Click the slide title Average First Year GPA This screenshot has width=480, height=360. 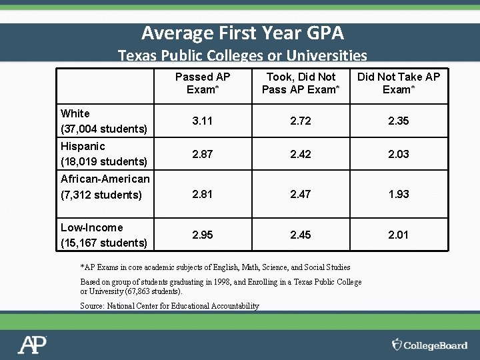pos(243,32)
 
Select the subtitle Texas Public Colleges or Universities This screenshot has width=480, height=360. pos(243,55)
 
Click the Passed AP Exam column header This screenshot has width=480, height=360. pos(203,83)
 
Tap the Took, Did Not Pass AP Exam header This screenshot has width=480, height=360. pos(301,83)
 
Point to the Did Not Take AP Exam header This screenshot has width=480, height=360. pos(399,83)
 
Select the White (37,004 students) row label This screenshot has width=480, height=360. pos(103,121)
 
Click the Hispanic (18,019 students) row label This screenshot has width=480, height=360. pos(103,153)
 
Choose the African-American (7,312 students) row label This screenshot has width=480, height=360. pos(105,187)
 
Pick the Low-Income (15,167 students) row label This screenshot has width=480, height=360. pos(103,235)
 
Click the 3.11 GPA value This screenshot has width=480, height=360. pos(203,121)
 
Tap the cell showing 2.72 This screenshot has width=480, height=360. pos(301,121)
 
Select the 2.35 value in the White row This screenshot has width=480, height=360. pos(399,121)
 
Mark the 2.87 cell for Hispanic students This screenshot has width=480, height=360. pos(203,154)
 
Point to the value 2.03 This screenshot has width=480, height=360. pos(399,154)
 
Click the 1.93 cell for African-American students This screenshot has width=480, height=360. pos(399,194)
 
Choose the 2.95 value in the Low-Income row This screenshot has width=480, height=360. pos(203,235)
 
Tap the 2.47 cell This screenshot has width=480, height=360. pos(301,194)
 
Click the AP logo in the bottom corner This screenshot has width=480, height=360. pos(32,345)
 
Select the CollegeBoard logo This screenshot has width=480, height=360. pos(429,345)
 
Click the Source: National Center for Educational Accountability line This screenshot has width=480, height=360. pos(169,306)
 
